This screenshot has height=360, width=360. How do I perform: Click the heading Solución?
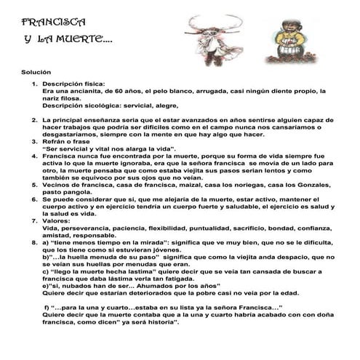tap(36, 73)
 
